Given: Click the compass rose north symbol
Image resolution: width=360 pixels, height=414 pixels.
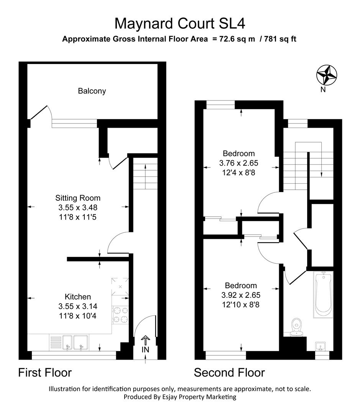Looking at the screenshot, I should (326, 75).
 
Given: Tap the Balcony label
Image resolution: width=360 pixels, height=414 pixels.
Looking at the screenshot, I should (92, 91).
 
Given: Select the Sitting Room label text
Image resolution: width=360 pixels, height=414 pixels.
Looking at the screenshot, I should (78, 198).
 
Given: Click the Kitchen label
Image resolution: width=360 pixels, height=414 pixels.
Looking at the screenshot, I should (78, 297).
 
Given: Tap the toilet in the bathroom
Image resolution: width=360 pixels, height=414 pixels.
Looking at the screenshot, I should (296, 326).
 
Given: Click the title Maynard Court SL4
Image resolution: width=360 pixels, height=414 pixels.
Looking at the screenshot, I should (180, 24).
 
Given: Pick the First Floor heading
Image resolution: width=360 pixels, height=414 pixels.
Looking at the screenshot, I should (45, 372).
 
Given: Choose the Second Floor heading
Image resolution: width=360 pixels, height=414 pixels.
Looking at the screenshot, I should (229, 372).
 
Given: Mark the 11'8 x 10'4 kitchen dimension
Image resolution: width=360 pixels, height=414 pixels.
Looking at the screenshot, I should (78, 315).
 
